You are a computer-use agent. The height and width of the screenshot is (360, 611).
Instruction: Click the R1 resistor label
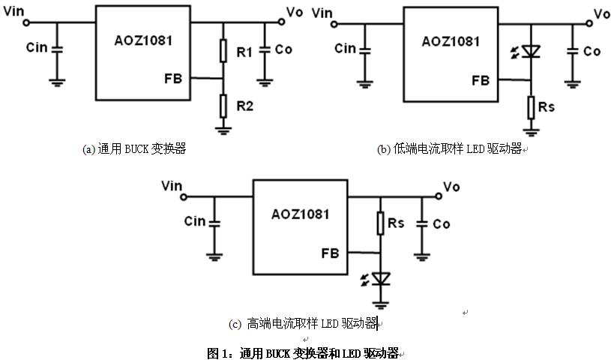(x=244, y=52)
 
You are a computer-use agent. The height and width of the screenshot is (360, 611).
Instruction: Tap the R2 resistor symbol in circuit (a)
(x=223, y=105)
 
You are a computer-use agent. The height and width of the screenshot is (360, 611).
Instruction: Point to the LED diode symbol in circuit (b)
(x=531, y=52)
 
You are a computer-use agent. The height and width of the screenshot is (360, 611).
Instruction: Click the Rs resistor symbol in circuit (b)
(x=531, y=107)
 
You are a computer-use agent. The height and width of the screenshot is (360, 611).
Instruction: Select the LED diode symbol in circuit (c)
(x=382, y=279)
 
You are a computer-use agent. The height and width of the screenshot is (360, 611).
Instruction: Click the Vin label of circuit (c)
(x=172, y=185)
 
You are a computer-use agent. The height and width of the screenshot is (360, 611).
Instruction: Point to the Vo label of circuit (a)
(x=295, y=12)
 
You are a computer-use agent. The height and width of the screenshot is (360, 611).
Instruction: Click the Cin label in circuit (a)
(x=37, y=47)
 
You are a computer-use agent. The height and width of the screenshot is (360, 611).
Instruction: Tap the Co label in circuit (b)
(x=592, y=51)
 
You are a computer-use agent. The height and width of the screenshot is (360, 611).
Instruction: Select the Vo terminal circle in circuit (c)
(x=438, y=196)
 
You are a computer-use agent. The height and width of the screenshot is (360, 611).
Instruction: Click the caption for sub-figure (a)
(x=133, y=148)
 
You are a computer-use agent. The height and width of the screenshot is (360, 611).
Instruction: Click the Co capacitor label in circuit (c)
(x=442, y=223)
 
